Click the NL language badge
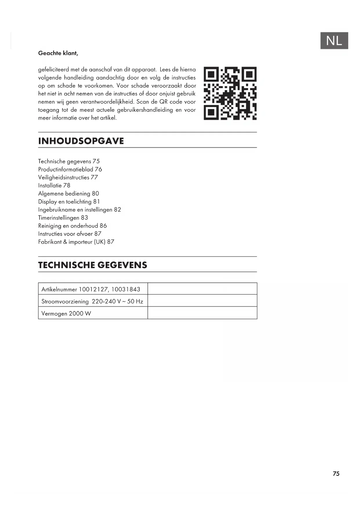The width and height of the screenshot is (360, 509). click(334, 41)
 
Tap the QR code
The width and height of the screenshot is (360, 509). click(230, 93)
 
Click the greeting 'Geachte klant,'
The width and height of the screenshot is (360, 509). click(58, 53)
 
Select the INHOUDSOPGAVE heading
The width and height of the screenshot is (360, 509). click(81, 141)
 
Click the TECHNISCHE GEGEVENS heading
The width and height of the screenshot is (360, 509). click(93, 265)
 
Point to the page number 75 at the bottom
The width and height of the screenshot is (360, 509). click(336, 474)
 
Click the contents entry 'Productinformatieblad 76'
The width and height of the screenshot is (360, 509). click(70, 169)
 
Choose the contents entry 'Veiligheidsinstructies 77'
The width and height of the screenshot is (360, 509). click(68, 177)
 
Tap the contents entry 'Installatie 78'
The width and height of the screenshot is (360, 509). click(54, 185)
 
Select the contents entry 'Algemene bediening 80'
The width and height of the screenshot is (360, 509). click(68, 194)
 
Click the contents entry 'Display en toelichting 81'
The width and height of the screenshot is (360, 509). click(69, 202)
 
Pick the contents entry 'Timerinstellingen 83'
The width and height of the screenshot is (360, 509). click(63, 218)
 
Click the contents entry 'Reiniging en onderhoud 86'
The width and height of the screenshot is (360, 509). click(72, 226)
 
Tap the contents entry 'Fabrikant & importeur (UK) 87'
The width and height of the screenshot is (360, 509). click(76, 242)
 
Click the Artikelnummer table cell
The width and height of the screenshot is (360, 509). click(91, 289)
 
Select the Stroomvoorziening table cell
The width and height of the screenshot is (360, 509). click(92, 301)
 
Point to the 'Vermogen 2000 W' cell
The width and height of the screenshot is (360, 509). click(66, 313)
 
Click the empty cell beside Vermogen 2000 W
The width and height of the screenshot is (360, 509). click(202, 313)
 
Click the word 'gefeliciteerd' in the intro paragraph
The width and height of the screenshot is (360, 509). click(53, 70)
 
